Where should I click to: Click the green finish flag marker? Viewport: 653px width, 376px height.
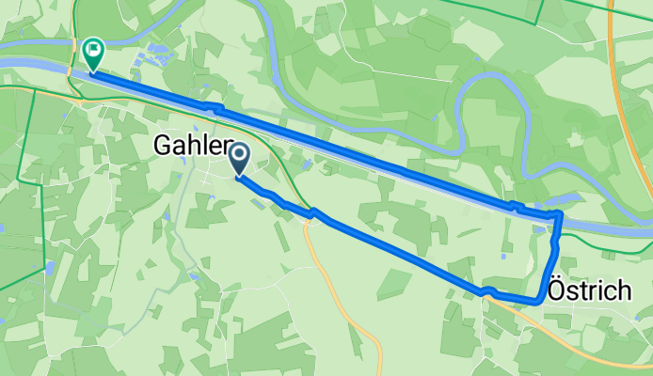[94, 53]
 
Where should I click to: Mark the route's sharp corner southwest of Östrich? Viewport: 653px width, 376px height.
[536, 302]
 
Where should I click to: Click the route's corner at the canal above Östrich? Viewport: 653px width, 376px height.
[559, 215]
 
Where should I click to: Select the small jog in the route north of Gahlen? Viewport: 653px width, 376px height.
[216, 109]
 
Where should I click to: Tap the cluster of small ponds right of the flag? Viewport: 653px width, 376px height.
[155, 56]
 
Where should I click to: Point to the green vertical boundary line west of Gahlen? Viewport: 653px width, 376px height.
[18, 188]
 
